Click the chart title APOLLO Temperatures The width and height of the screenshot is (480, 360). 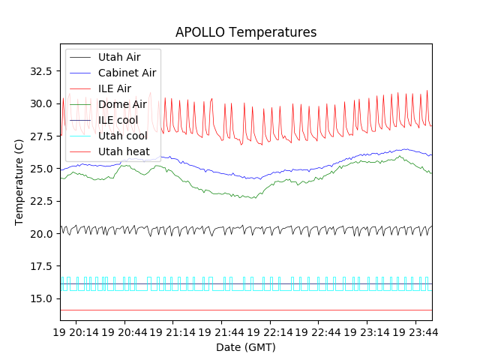246,32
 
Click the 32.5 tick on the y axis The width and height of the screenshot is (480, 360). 39,71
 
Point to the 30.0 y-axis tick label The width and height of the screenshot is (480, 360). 39,103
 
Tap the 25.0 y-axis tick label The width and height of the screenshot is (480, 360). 39,169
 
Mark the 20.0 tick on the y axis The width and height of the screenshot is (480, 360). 39,234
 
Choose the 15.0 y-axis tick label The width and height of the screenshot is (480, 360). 39,298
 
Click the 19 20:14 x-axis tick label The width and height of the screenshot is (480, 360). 84,331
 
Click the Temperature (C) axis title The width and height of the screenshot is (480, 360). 19,182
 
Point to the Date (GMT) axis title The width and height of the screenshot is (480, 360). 246,347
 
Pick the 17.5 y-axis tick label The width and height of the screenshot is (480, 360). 39,266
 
